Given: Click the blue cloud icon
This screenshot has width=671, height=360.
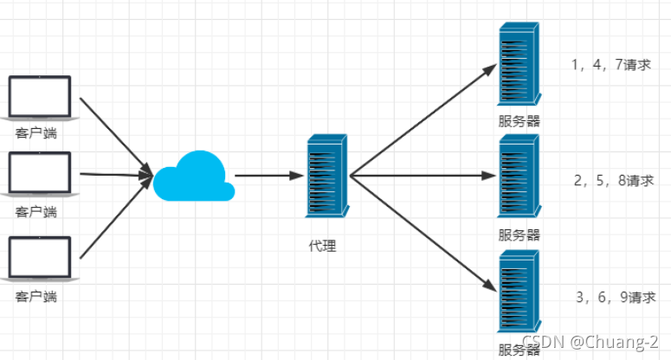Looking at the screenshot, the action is point(194,177).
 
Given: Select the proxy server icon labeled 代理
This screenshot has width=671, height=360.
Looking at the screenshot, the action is point(327,176).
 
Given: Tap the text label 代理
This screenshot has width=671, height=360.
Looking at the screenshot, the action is point(323,246).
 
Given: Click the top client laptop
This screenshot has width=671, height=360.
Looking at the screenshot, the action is point(40,98).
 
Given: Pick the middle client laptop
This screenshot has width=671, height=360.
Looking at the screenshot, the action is point(40,174).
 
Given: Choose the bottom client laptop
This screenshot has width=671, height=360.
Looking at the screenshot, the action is point(40,259).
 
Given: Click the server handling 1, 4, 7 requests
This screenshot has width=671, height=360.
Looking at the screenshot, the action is point(519,64).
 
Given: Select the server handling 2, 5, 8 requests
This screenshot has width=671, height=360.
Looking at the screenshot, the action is point(519,176).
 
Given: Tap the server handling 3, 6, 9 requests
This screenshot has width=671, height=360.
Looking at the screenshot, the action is point(519,291).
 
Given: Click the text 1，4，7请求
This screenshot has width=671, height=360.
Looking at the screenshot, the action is point(611,65).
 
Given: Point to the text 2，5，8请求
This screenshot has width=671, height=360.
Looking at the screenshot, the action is point(614,180).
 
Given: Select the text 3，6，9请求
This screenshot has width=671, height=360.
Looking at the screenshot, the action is point(616,297).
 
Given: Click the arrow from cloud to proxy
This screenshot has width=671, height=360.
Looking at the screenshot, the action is point(269,176).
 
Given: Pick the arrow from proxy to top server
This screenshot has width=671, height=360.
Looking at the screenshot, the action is point(423,119).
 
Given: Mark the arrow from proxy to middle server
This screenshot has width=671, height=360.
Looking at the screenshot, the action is point(423,176).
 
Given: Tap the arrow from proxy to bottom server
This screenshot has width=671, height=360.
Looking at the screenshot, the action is point(423,234).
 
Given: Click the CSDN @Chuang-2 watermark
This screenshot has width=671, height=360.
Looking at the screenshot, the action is point(590,342).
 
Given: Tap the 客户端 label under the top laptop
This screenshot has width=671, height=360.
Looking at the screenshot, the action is point(36,133).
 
